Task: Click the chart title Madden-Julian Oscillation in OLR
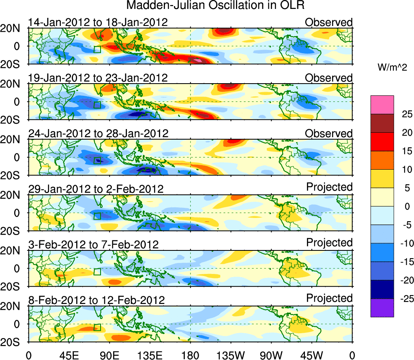click(215, 5)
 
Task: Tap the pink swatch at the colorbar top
click(382, 105)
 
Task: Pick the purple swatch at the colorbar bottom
click(382, 308)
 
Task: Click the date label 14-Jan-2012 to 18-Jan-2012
click(98, 22)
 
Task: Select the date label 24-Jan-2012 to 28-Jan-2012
click(98, 133)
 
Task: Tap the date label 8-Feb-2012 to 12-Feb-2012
click(97, 300)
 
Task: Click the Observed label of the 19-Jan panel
click(329, 78)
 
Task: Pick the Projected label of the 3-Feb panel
click(329, 243)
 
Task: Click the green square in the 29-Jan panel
click(97, 216)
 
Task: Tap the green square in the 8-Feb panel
click(97, 327)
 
